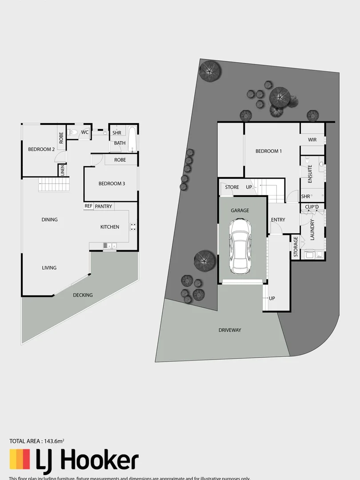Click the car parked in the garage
tap(240, 248)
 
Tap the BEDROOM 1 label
tap(268, 151)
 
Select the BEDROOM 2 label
tap(41, 149)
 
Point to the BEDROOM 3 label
tap(112, 184)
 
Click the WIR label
tap(312, 140)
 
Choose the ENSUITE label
tap(310, 174)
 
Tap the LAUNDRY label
tap(312, 230)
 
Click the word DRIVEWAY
tap(230, 330)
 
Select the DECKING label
tap(83, 295)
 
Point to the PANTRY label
tap(104, 207)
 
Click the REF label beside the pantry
tap(88, 206)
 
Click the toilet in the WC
tap(74, 132)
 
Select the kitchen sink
tap(110, 245)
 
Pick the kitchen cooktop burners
tap(132, 226)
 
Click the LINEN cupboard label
tap(63, 171)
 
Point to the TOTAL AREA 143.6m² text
tap(37, 441)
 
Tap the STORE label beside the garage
tap(232, 188)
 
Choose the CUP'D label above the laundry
tap(312, 207)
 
